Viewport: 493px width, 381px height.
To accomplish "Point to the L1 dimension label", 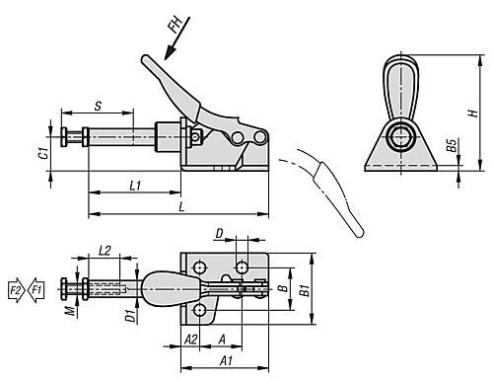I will coord(135,184).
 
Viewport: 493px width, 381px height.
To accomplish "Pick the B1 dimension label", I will coord(305,290).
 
